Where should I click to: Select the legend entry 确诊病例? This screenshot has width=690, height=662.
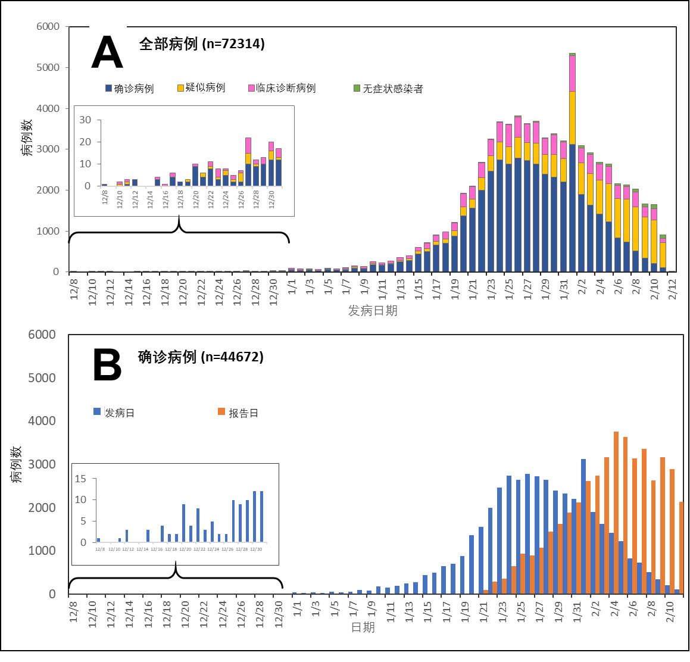point(134,89)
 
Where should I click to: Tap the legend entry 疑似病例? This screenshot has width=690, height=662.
point(205,88)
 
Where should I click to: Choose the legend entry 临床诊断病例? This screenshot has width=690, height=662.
point(286,88)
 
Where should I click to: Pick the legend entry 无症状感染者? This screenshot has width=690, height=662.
point(393,89)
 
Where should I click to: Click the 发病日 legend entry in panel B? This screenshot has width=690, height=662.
point(120,413)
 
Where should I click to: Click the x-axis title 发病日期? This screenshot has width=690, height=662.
point(373,311)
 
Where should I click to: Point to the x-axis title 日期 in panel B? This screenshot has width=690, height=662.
point(363,627)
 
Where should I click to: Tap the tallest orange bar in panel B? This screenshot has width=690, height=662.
point(616,512)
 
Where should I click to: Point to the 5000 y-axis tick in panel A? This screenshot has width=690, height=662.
point(48,68)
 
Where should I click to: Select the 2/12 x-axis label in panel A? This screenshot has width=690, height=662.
point(673,288)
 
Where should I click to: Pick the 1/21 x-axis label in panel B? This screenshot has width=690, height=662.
point(484,608)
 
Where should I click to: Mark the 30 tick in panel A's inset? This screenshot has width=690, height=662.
point(85,120)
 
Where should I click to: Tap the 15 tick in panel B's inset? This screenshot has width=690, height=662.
point(80,479)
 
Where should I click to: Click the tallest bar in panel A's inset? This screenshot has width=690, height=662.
point(248,162)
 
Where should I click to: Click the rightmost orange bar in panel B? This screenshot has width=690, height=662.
point(682,548)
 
